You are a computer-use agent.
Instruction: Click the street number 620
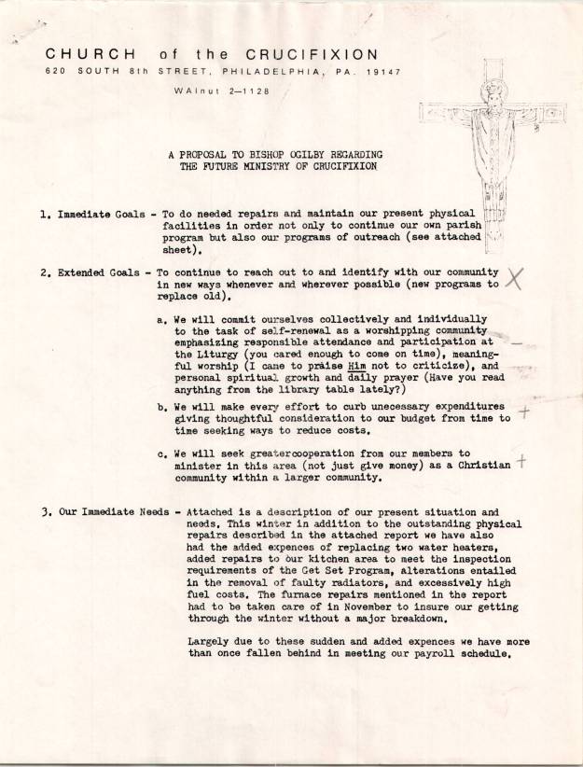pyautogui.click(x=57, y=70)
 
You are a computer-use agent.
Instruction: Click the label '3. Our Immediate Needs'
pyautogui.click(x=104, y=512)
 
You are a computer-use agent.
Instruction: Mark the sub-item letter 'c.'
pyautogui.click(x=161, y=453)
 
